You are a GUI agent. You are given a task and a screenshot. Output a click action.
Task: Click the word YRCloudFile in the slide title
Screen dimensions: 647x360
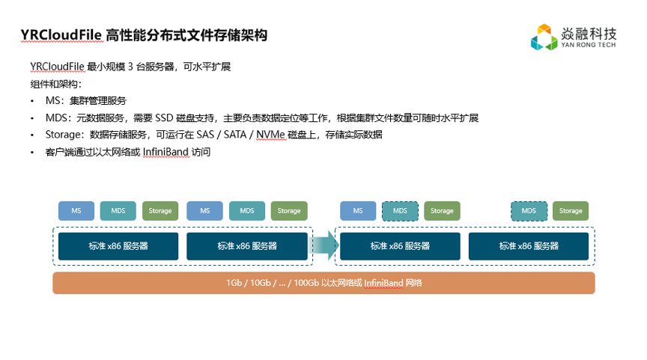click(x=60, y=35)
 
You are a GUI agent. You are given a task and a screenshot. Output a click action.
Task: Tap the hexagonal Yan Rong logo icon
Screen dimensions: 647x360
click(x=544, y=37)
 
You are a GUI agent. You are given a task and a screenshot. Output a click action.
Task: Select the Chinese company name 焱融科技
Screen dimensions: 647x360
click(x=589, y=33)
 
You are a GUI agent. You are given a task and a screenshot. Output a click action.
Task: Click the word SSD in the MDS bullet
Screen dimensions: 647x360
click(x=164, y=118)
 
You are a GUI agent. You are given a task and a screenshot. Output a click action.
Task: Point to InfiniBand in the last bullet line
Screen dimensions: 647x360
click(x=168, y=153)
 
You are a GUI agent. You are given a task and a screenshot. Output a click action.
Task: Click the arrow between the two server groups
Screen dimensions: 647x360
click(x=323, y=245)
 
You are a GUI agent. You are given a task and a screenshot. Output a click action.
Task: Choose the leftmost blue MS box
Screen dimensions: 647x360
click(x=76, y=211)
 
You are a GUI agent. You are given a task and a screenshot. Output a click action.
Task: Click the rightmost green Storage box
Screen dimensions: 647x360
click(x=571, y=211)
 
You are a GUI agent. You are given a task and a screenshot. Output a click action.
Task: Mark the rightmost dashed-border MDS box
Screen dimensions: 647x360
click(x=529, y=211)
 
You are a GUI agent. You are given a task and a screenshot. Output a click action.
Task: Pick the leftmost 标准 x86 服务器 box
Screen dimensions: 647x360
click(x=118, y=246)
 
